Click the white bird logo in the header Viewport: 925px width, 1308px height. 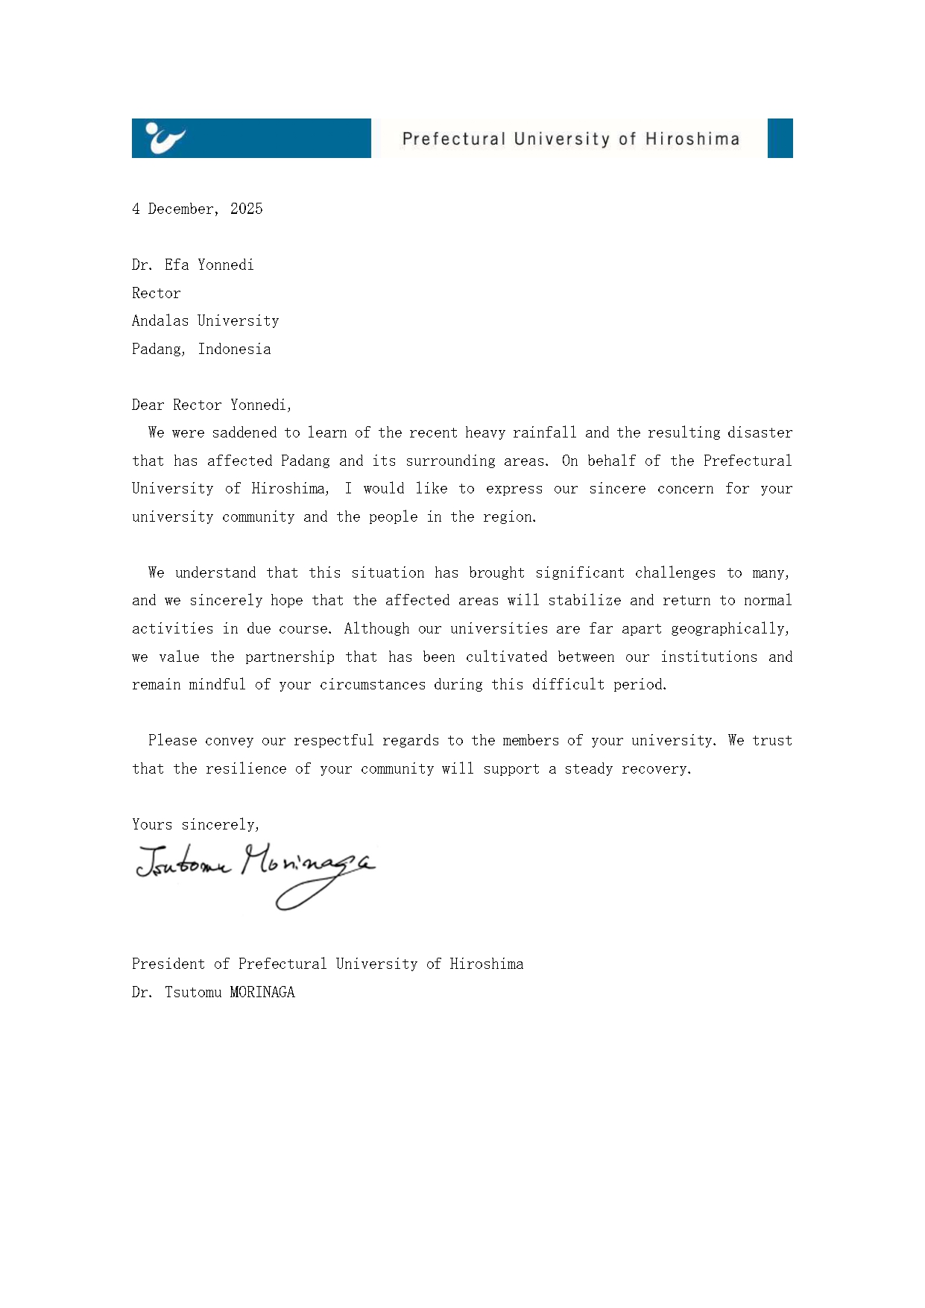coord(165,138)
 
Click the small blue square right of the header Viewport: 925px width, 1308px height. coord(780,138)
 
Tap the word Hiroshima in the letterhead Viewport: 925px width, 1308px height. coord(692,139)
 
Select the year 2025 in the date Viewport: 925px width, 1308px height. coord(246,209)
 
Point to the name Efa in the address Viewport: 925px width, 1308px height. coord(177,265)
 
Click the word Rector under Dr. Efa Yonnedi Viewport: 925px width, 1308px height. coord(156,293)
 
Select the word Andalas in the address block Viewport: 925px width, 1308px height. coord(160,320)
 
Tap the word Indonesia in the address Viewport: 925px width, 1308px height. coord(234,349)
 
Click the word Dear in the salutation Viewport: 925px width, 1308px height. coord(148,405)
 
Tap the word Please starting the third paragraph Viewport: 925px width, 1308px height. coord(172,740)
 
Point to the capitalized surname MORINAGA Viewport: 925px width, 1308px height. coord(262,992)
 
